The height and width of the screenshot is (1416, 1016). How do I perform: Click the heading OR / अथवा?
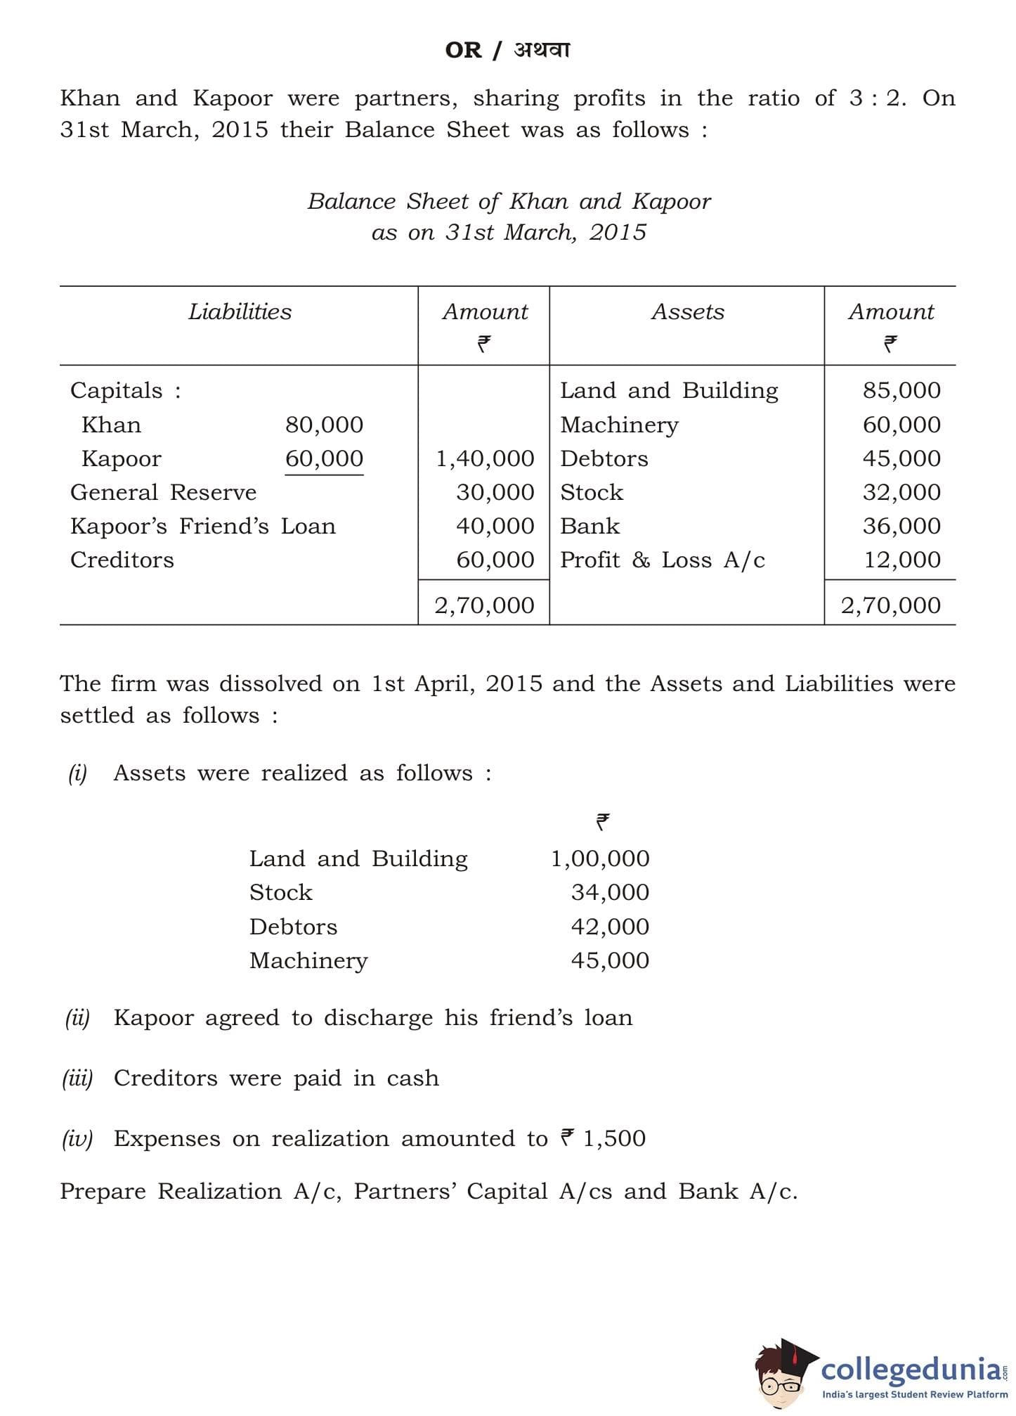pos(507,50)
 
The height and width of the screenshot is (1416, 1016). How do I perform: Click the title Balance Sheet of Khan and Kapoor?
pos(509,202)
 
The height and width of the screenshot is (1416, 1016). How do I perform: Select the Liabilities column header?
pos(240,311)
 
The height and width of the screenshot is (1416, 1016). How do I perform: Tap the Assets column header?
pos(687,311)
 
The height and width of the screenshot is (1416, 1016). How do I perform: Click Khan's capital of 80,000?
pos(324,425)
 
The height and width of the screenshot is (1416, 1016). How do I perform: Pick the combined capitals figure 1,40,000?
pos(485,458)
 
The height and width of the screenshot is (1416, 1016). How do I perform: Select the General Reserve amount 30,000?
pos(495,492)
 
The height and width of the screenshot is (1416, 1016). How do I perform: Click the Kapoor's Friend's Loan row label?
pos(203,526)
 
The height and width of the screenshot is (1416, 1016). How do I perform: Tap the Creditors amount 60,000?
pos(495,560)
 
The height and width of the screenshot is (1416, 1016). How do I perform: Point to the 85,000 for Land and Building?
pos(901,390)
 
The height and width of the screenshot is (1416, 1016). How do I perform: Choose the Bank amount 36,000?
pos(901,526)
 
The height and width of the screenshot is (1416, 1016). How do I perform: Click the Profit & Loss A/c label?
pos(662,560)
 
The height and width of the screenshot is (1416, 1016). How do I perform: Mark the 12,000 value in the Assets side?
pos(901,560)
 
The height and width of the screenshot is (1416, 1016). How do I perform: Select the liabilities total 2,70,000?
pos(484,605)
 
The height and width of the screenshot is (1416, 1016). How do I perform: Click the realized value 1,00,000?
pos(600,858)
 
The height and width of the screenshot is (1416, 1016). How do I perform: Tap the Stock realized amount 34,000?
pos(610,892)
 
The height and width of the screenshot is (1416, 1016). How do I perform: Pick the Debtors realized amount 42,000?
pos(610,927)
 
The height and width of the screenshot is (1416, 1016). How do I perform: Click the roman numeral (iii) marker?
pos(77,1078)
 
